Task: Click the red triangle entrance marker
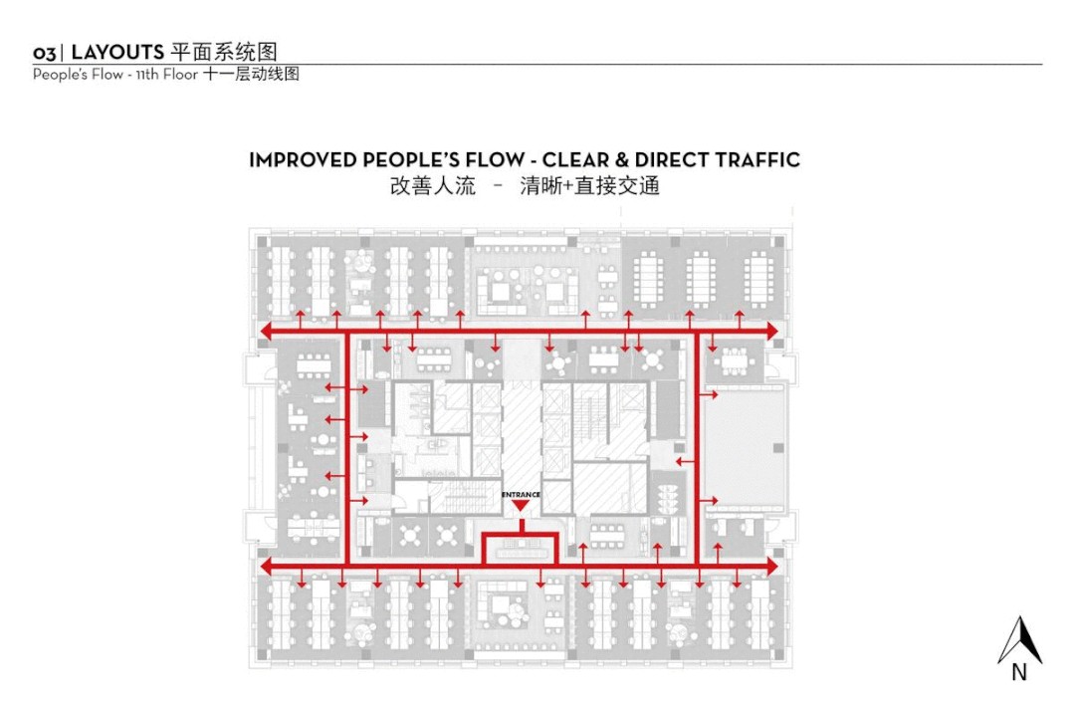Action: point(519,507)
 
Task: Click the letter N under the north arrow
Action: point(1019,673)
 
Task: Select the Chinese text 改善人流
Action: point(432,186)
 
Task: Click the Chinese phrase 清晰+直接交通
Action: point(589,186)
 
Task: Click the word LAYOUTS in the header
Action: point(117,53)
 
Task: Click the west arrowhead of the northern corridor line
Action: point(266,330)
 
